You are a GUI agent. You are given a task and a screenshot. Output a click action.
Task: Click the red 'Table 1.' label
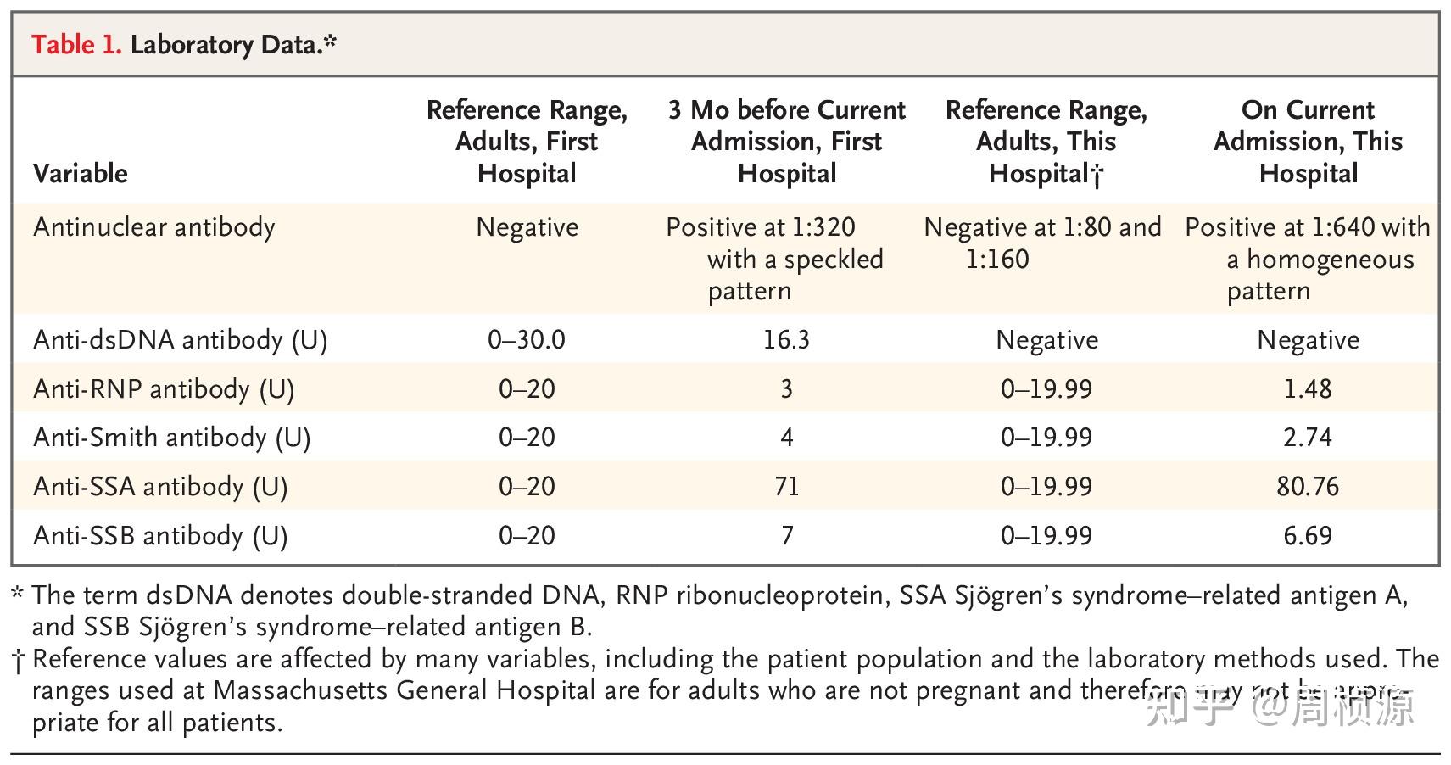tap(76, 44)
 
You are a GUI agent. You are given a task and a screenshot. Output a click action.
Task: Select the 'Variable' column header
tap(81, 174)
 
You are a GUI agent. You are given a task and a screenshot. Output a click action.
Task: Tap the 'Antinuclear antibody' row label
tap(154, 227)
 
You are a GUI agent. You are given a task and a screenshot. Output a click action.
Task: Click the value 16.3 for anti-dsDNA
tap(786, 340)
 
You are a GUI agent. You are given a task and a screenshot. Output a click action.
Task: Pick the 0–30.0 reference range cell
tap(527, 340)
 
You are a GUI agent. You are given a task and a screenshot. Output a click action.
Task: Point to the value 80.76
tap(1308, 487)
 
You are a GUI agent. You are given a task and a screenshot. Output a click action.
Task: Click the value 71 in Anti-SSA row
tap(786, 487)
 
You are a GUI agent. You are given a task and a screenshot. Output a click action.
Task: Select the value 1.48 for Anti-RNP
tap(1308, 389)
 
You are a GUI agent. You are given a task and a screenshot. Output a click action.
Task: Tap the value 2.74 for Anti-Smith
tap(1308, 438)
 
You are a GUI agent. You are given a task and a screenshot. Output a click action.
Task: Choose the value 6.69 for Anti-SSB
tap(1308, 536)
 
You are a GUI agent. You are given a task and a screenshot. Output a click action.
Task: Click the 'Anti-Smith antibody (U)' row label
tap(172, 438)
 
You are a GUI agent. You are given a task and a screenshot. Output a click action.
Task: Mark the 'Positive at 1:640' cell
tap(1308, 259)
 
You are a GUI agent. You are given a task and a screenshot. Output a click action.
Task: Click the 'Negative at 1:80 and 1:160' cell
tap(1042, 243)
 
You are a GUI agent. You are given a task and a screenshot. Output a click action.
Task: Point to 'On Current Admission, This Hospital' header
tap(1308, 142)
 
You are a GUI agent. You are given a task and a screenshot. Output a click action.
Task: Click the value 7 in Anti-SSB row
tap(787, 536)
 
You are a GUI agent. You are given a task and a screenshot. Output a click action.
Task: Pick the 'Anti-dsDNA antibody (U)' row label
tap(181, 340)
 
